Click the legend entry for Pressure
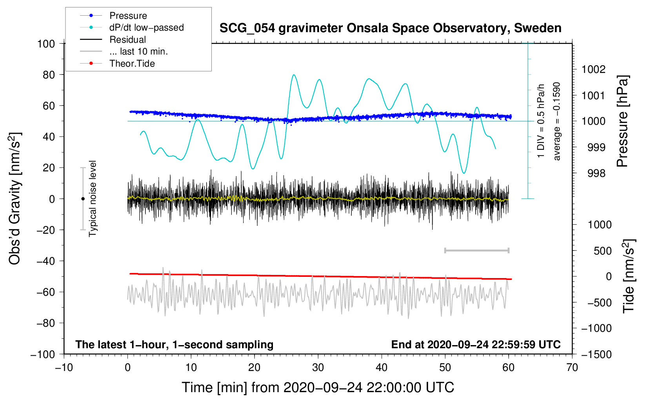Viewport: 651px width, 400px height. point(114,15)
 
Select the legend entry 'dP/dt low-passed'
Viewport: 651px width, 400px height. point(132,27)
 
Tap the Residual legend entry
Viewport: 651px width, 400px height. point(113,40)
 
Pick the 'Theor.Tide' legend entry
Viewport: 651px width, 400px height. point(117,64)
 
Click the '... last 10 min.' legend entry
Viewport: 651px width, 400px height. point(124,51)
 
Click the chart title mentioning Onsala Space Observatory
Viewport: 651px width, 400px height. point(390,28)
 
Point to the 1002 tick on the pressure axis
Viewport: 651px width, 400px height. point(593,69)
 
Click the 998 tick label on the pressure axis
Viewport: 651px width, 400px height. point(596,174)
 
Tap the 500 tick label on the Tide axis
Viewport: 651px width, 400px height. point(602,251)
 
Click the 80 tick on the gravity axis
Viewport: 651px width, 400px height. point(49,75)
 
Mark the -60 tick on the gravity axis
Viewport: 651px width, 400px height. point(45,292)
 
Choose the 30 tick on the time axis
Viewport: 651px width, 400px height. point(318,368)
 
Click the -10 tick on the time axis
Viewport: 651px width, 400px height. point(64,368)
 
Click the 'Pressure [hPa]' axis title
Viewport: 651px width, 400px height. point(622,121)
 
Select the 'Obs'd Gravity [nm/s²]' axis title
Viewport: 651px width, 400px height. point(15,198)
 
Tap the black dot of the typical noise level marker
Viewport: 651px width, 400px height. point(83,199)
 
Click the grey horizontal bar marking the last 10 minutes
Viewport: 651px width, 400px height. point(476,251)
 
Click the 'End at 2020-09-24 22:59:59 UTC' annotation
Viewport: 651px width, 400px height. point(476,344)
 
